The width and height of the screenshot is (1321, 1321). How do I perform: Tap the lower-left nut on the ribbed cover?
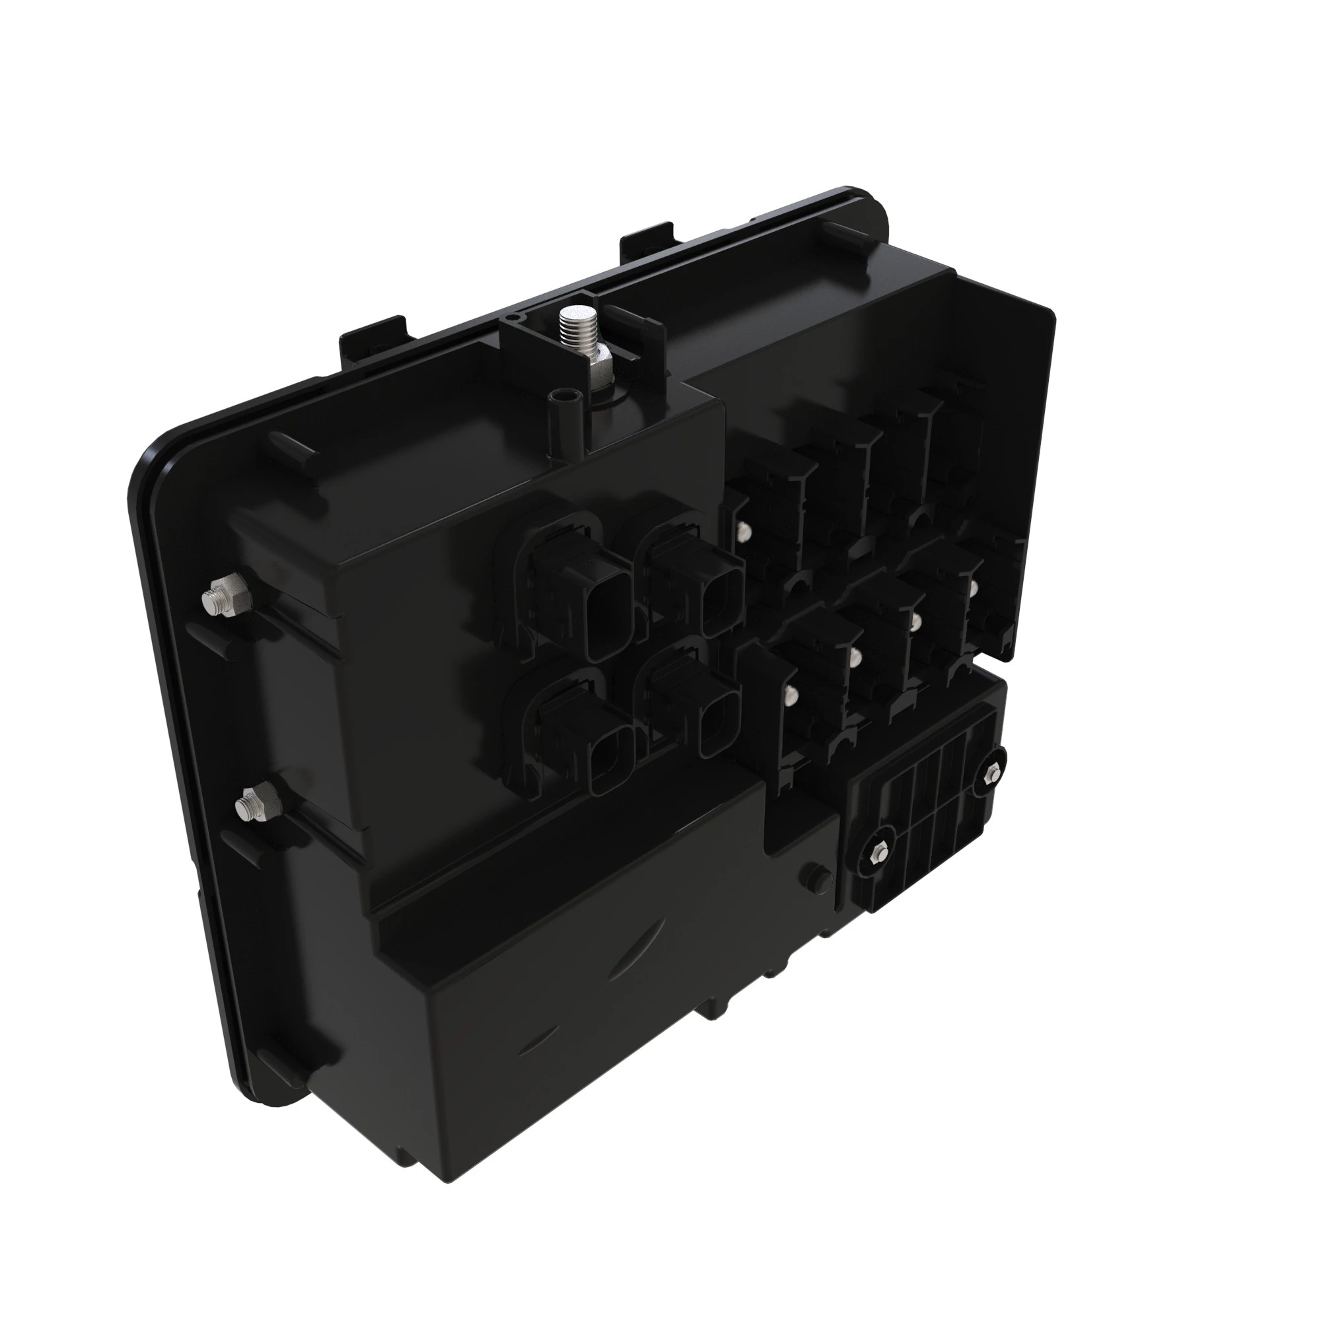click(x=878, y=855)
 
